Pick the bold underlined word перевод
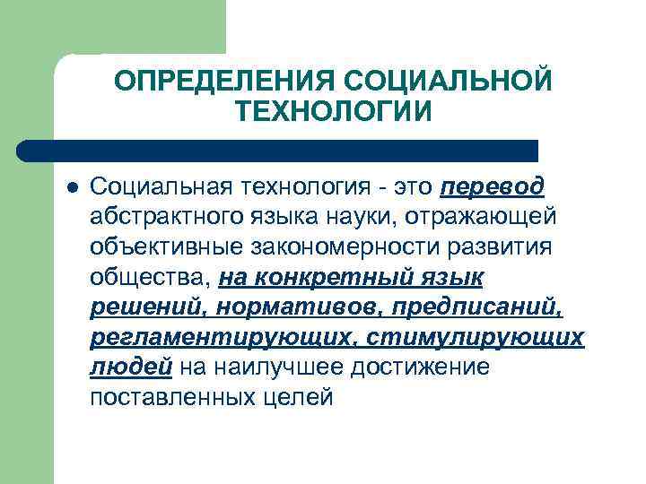click(x=493, y=186)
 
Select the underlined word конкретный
click(x=338, y=278)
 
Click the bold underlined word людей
click(x=131, y=367)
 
